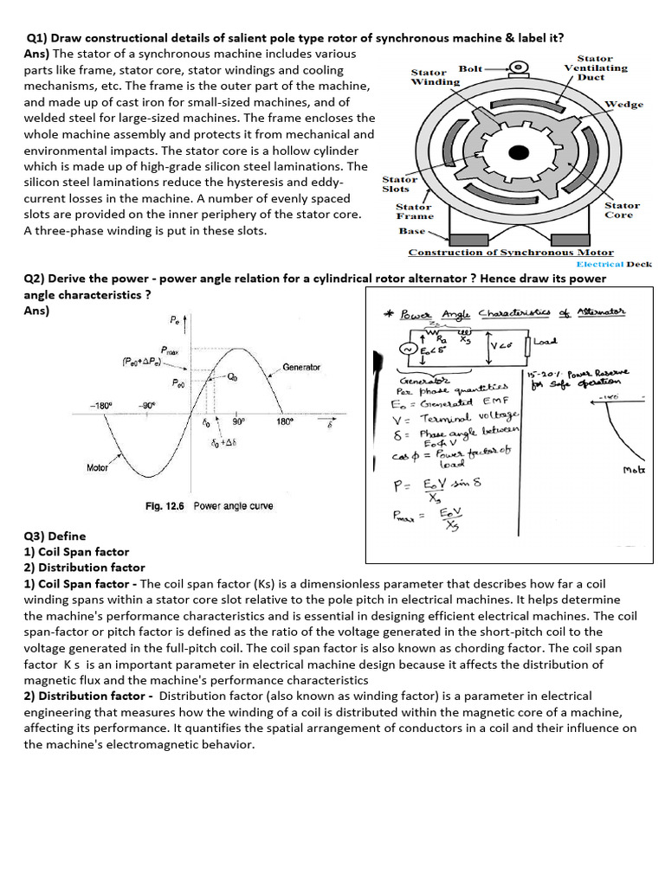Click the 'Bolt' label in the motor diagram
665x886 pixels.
(x=471, y=67)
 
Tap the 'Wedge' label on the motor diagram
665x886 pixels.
(x=623, y=104)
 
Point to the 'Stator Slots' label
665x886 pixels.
(x=399, y=183)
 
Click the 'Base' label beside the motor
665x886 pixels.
(x=412, y=231)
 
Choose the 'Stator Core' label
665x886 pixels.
(x=622, y=210)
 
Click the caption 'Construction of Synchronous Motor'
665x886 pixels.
(x=498, y=253)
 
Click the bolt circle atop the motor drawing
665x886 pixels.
(x=519, y=67)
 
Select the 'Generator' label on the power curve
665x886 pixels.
(x=301, y=367)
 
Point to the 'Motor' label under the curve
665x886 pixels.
(x=98, y=467)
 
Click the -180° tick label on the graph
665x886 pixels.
(x=104, y=405)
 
